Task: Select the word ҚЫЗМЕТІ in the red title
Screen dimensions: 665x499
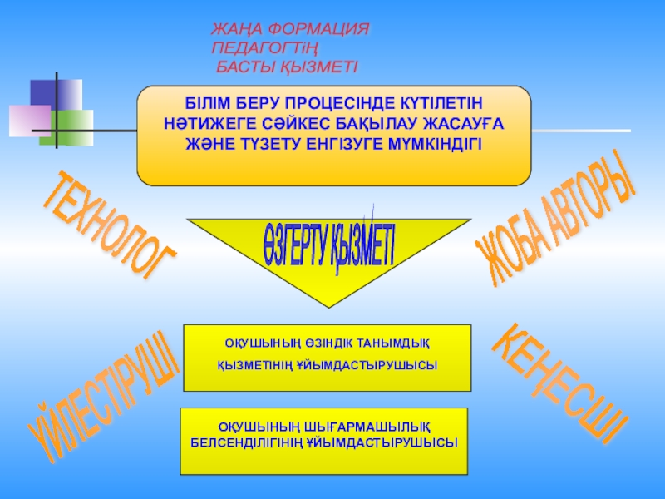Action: (316, 65)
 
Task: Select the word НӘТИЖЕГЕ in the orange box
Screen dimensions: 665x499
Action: (204, 123)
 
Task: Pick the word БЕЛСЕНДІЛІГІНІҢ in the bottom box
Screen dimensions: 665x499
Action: (254, 444)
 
